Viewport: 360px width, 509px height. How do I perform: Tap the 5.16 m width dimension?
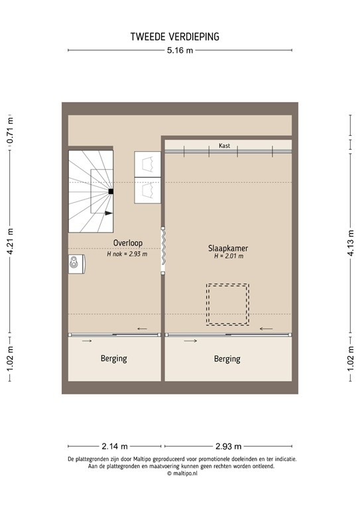pyautogui.click(x=180, y=50)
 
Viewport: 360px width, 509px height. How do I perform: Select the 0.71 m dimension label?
pyautogui.click(x=10, y=131)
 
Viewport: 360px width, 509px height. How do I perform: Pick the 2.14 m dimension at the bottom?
pyautogui.click(x=115, y=445)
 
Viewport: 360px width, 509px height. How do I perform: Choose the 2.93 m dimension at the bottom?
pyautogui.click(x=228, y=445)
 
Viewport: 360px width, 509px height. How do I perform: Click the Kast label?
pyautogui.click(x=225, y=146)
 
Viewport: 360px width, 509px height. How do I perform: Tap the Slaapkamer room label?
pyautogui.click(x=228, y=247)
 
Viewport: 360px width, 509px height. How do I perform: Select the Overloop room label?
pyautogui.click(x=127, y=243)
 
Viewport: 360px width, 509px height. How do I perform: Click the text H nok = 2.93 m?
pyautogui.click(x=127, y=253)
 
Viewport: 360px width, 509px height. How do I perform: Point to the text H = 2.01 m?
pyautogui.click(x=228, y=256)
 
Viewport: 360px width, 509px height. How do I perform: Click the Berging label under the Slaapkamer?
pyautogui.click(x=227, y=359)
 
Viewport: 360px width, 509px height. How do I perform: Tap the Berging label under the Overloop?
pyautogui.click(x=113, y=359)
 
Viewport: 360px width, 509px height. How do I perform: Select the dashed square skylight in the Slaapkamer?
pyautogui.click(x=227, y=304)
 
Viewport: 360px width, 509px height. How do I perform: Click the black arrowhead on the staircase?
pyautogui.click(x=109, y=213)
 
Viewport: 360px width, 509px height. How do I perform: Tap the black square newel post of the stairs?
pyautogui.click(x=111, y=192)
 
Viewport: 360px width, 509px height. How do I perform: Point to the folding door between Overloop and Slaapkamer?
pyautogui.click(x=162, y=251)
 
